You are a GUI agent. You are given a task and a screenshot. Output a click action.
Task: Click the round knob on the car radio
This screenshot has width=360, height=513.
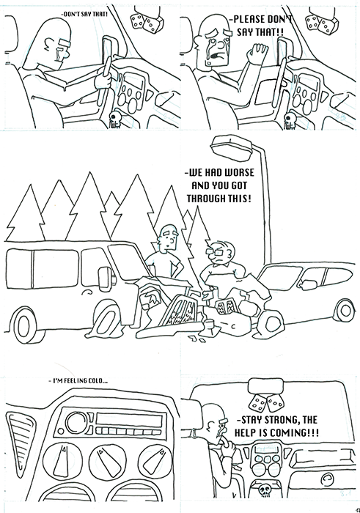click(x=76, y=422)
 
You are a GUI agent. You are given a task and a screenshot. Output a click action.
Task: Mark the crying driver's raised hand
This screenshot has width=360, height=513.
click(x=257, y=53)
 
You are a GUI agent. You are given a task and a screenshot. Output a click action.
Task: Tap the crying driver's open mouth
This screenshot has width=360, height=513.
click(x=214, y=56)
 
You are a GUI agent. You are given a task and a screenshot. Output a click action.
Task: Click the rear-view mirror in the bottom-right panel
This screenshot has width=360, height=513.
click(x=265, y=386)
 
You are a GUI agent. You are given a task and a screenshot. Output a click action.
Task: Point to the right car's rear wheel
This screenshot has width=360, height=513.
click(x=342, y=310)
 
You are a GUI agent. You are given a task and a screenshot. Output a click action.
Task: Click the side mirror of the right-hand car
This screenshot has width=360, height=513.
click(x=309, y=284)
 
